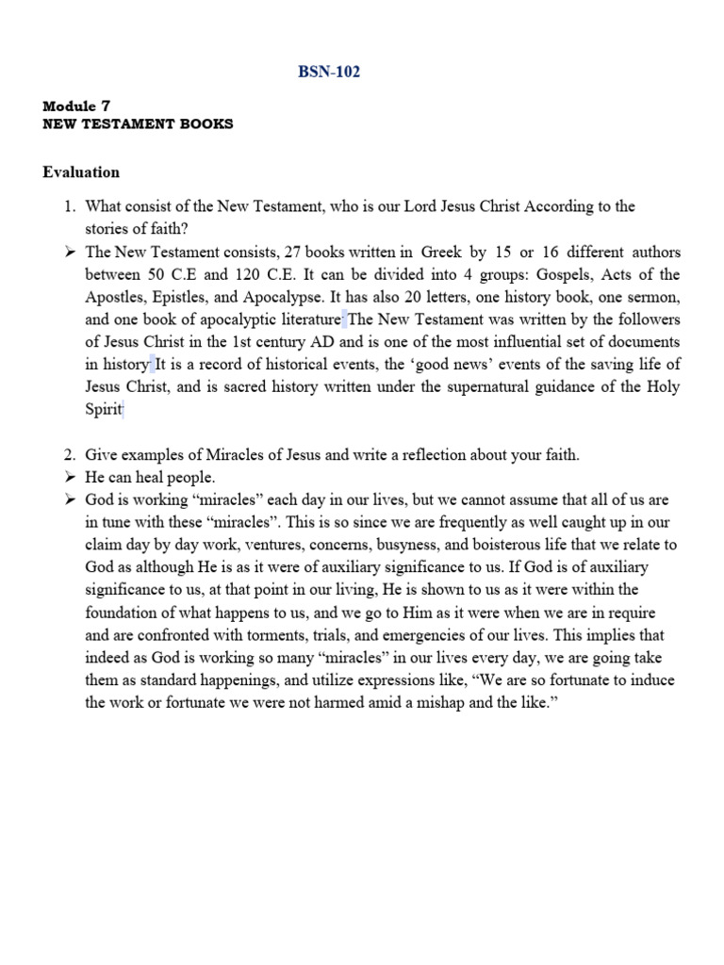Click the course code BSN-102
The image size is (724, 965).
328,73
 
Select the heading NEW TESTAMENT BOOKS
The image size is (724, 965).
138,123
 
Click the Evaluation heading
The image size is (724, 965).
81,172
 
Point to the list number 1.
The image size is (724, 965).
70,205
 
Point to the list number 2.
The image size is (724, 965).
70,454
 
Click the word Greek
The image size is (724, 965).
441,253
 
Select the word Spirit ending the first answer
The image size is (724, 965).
104,409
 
